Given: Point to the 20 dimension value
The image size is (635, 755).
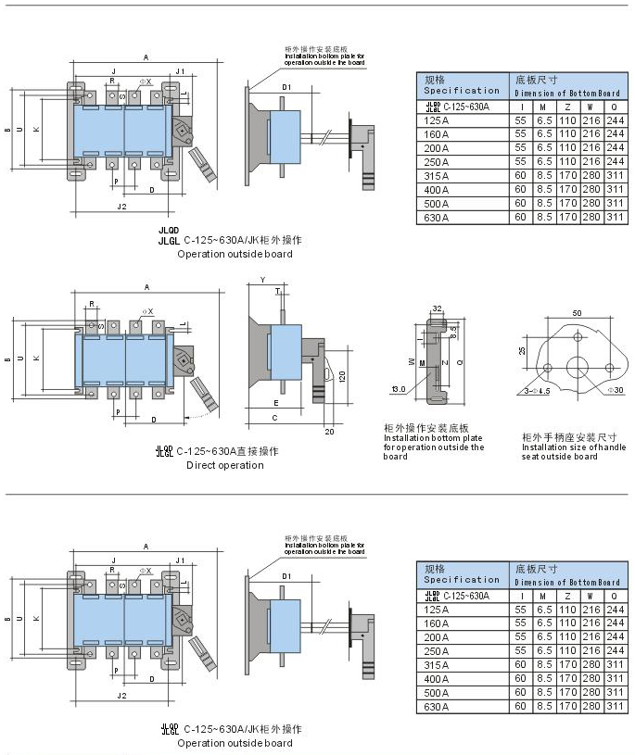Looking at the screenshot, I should (x=330, y=432).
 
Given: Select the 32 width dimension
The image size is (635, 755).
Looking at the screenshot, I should (x=437, y=309).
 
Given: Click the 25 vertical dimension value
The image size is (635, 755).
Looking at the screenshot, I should (x=523, y=350).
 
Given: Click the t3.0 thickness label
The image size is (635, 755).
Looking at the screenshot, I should (x=399, y=389).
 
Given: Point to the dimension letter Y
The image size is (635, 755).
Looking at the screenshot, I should (x=263, y=279).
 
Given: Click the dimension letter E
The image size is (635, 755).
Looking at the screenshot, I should (x=276, y=403).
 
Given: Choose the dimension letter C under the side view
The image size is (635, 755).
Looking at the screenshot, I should (x=276, y=419).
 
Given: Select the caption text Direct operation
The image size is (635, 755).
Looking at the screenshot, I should (x=224, y=465).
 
